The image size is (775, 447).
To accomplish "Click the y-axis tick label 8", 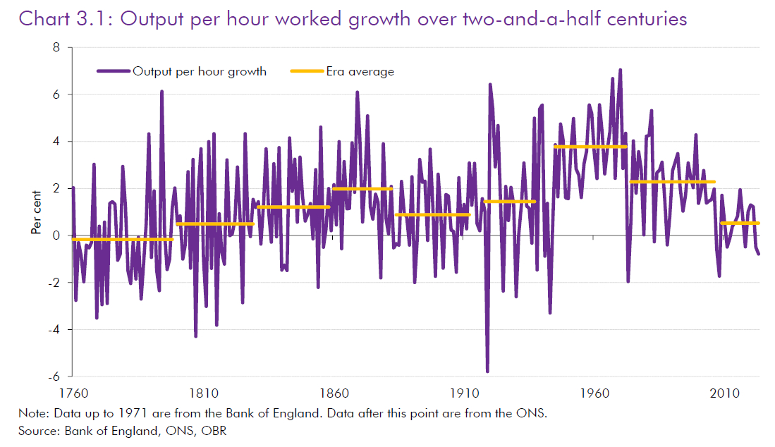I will pyautogui.click(x=56, y=48).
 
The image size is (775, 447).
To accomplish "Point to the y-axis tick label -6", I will pyautogui.click(x=54, y=376).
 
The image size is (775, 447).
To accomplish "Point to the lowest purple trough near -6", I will pyautogui.click(x=487, y=371).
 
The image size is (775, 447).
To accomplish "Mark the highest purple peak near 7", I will pyautogui.click(x=621, y=70).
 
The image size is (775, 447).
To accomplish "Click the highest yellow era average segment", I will pyautogui.click(x=590, y=147).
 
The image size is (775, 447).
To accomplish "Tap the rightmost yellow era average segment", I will pyautogui.click(x=740, y=223).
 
